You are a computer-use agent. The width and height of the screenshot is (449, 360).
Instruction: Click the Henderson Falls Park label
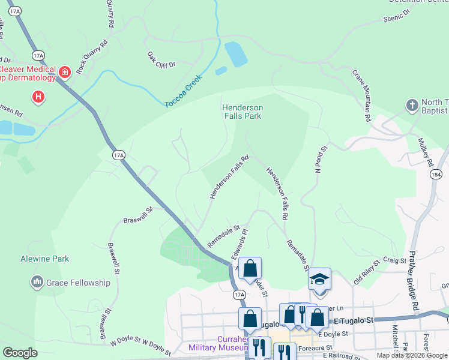[x=243, y=112]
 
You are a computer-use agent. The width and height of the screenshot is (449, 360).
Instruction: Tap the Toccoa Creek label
[x=184, y=92]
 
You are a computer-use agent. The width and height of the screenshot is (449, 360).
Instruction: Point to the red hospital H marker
[x=38, y=96]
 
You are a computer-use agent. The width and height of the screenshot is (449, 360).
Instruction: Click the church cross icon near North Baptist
[x=412, y=105]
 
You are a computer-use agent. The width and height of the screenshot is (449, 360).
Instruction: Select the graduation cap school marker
[x=319, y=280]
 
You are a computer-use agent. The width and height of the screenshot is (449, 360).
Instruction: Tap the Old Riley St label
[x=367, y=271]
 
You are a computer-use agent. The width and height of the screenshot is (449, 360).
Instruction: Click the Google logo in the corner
[x=20, y=353]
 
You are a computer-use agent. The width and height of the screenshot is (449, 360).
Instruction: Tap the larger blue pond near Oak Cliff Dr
[x=235, y=54]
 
